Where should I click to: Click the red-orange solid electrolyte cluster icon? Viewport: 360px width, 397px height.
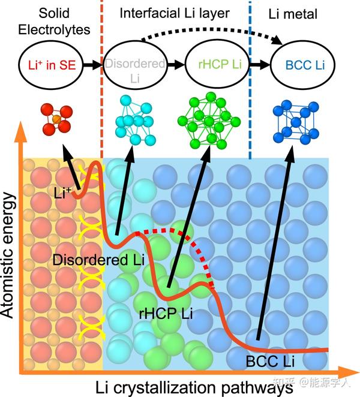tap(55, 118)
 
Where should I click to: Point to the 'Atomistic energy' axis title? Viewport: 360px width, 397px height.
tap(9, 258)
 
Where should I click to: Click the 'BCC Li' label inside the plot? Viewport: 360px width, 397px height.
tap(270, 361)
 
